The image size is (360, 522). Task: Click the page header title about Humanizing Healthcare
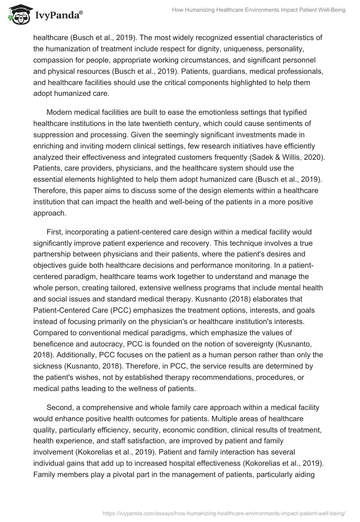tap(258, 10)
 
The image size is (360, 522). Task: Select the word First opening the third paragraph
tap(55, 232)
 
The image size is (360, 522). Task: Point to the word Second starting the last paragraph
tap(60, 408)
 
